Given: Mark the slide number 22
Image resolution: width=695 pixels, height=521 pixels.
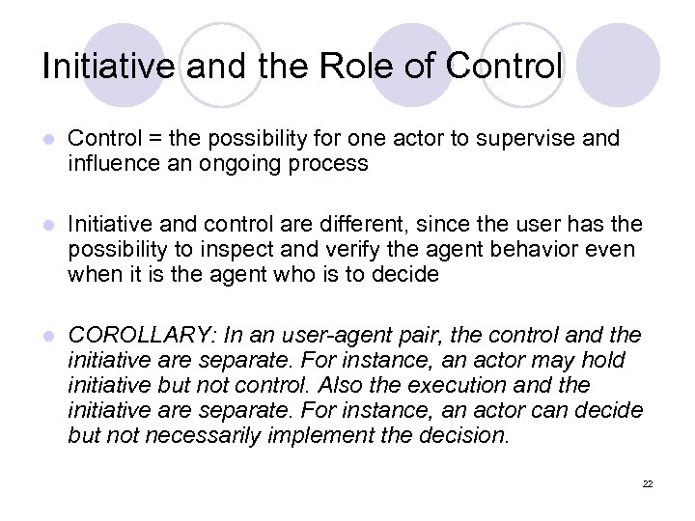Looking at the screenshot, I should [647, 483].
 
